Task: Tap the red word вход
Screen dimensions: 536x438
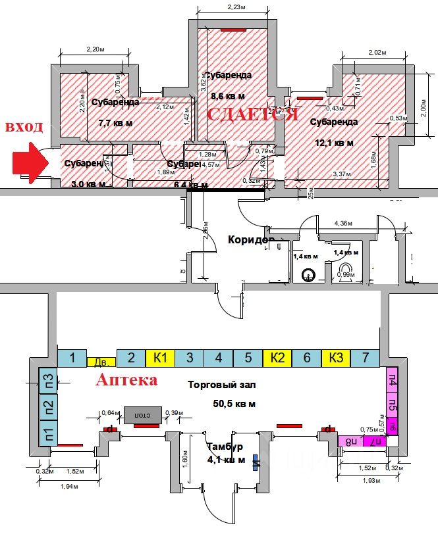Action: [x=24, y=127]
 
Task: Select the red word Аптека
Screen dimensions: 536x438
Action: [x=127, y=380]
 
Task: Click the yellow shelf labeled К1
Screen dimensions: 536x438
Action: [x=160, y=358]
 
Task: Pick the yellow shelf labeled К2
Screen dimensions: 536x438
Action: [x=277, y=358]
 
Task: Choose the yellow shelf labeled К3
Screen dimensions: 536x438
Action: [x=336, y=358]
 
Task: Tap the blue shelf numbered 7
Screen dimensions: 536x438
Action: [x=365, y=358]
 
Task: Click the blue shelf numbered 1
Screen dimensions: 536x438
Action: [x=72, y=358]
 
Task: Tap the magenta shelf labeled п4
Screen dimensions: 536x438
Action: [x=393, y=380]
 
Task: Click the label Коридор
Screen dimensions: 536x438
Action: [x=250, y=240]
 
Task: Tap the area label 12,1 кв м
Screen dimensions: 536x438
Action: [x=334, y=143]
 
